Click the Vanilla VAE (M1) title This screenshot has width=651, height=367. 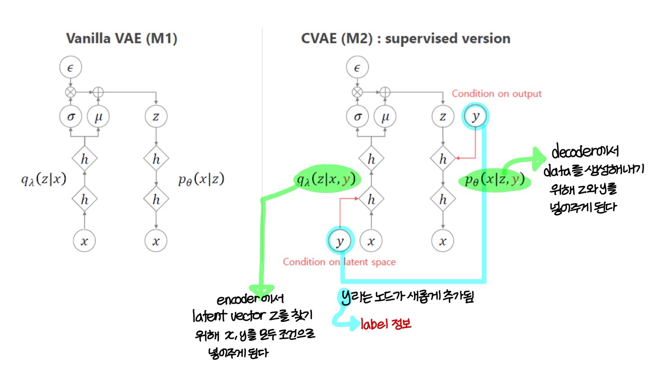[x=122, y=39]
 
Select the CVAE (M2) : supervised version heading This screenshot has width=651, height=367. [x=406, y=39]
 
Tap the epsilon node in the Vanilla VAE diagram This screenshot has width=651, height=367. [x=71, y=68]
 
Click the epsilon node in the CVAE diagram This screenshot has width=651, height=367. [x=357, y=68]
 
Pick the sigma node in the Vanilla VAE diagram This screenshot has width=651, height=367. [x=71, y=117]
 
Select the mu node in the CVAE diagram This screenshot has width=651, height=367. [x=385, y=117]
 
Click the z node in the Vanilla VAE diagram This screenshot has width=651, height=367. [x=156, y=117]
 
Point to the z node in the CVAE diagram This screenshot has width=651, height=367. [x=443, y=117]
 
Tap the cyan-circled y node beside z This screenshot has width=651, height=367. [x=475, y=117]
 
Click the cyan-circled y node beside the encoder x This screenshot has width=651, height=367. [x=340, y=241]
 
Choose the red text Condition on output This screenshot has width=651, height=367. [x=496, y=94]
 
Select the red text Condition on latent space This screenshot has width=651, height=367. [x=339, y=262]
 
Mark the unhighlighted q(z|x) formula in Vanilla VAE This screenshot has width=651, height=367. [x=43, y=180]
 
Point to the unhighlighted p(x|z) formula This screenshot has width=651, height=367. [x=201, y=180]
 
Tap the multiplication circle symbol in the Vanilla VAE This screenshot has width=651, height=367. [x=71, y=93]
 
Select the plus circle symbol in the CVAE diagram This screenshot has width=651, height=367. [x=385, y=93]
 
